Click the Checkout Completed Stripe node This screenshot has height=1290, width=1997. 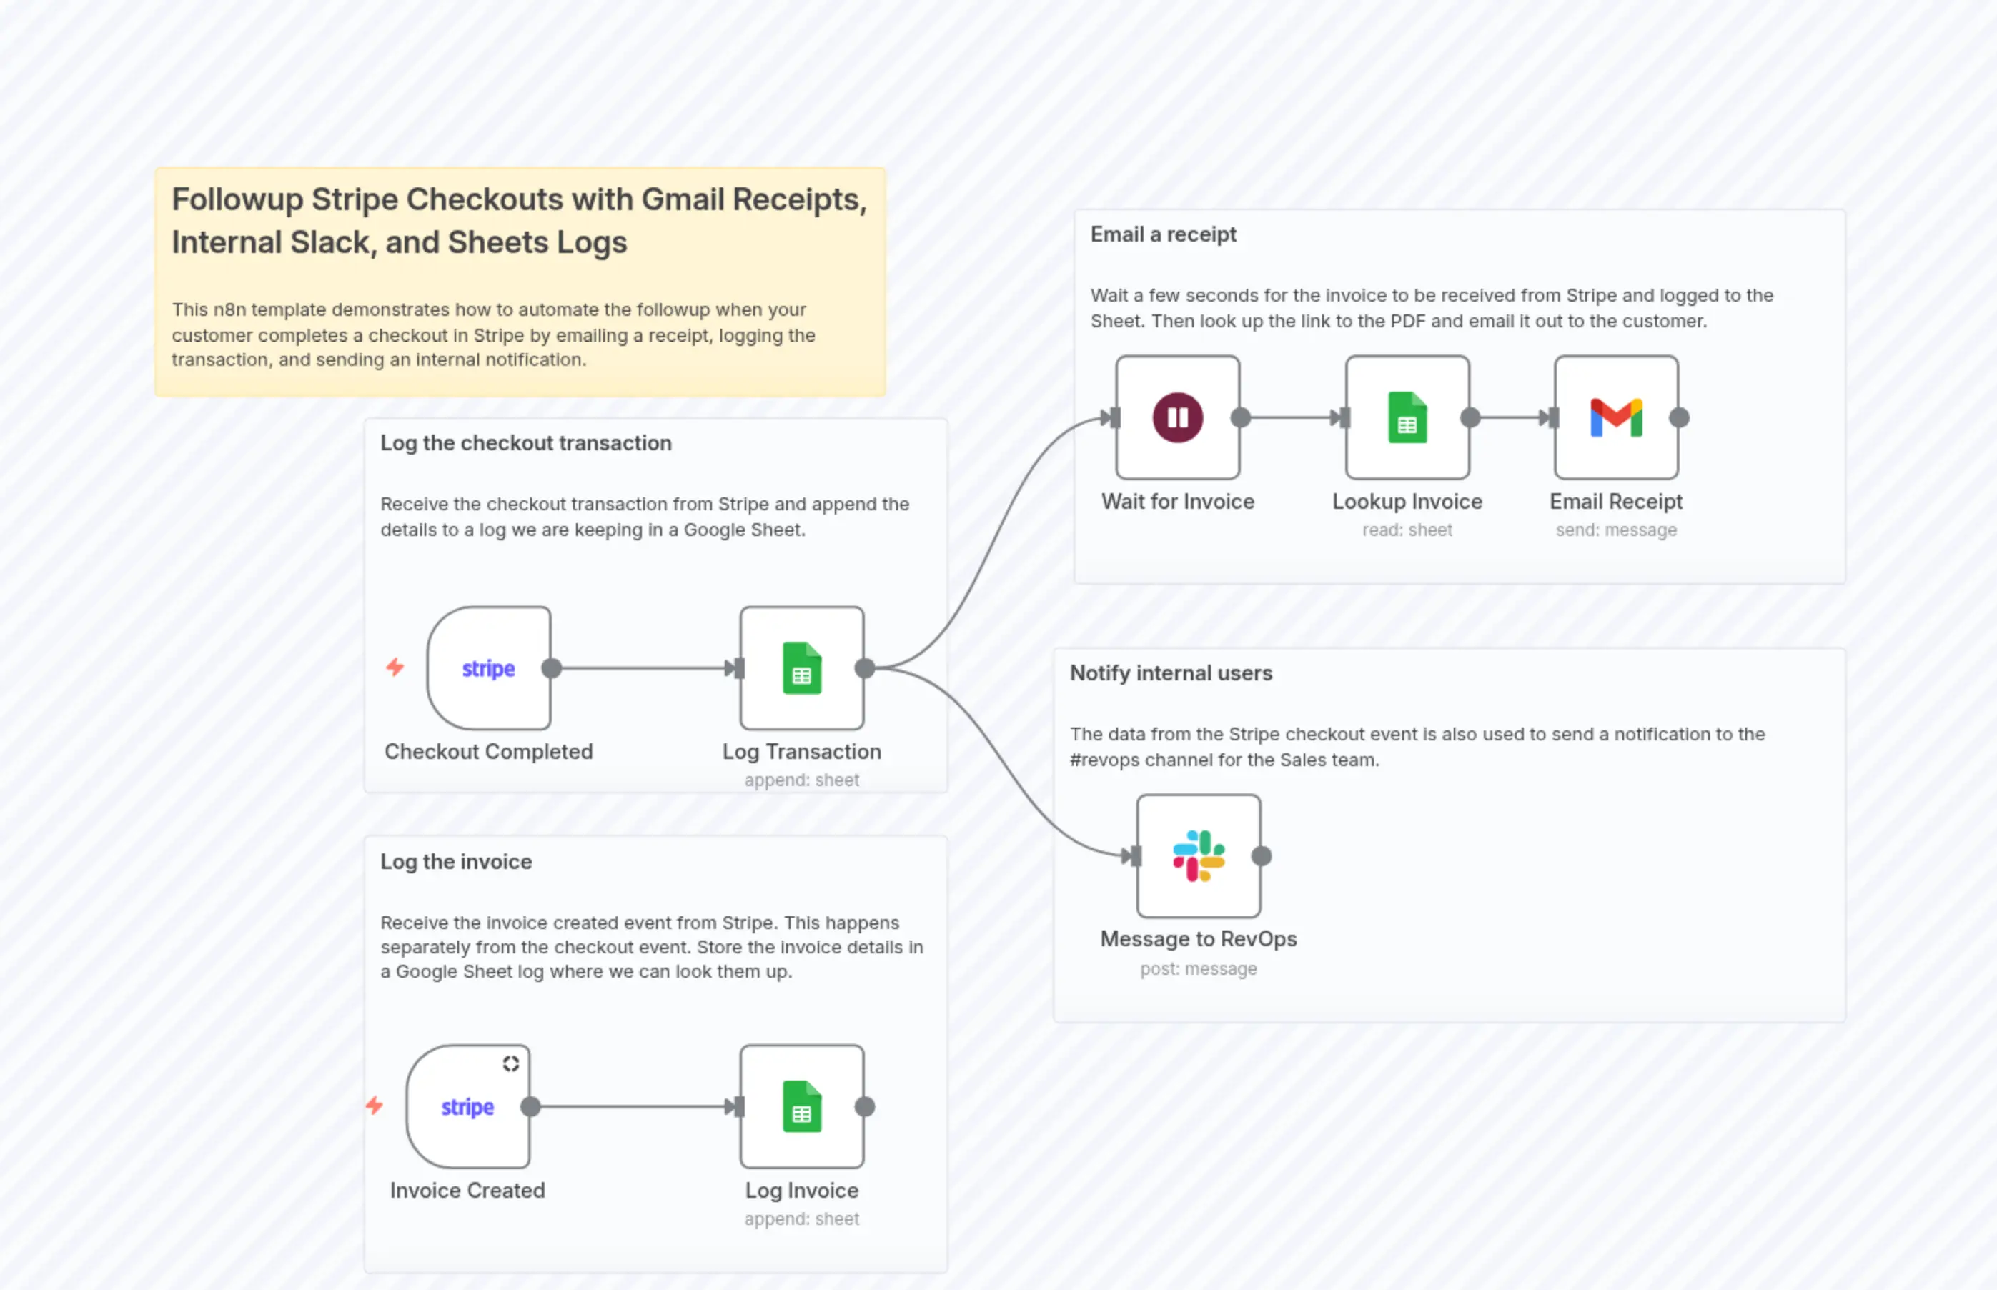[x=488, y=668]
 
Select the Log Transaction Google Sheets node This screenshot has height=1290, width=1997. [x=802, y=668]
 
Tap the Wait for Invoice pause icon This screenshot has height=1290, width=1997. [x=1178, y=417]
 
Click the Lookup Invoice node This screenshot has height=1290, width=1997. [x=1407, y=417]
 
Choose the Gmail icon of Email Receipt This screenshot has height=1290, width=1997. [x=1616, y=417]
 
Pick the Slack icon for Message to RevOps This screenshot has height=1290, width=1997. [x=1199, y=856]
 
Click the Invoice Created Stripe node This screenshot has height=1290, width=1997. [x=467, y=1106]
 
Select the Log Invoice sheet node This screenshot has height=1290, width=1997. [x=802, y=1106]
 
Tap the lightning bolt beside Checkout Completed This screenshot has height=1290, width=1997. [x=395, y=667]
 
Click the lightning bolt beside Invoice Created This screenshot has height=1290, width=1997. [x=375, y=1106]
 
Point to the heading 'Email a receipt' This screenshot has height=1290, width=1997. [x=1163, y=234]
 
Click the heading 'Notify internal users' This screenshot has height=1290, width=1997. [x=1170, y=673]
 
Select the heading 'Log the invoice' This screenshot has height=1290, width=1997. [x=456, y=862]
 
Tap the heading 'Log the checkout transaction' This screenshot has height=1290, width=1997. [x=525, y=443]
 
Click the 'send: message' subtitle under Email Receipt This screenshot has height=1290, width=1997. [x=1616, y=530]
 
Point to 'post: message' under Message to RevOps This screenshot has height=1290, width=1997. [x=1198, y=969]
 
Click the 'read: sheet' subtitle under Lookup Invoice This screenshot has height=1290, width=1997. [x=1407, y=530]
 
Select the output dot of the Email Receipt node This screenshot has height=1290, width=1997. [x=1679, y=417]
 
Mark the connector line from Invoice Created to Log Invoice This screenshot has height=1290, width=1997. [x=633, y=1106]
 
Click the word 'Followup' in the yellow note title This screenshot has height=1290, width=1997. [x=237, y=200]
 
